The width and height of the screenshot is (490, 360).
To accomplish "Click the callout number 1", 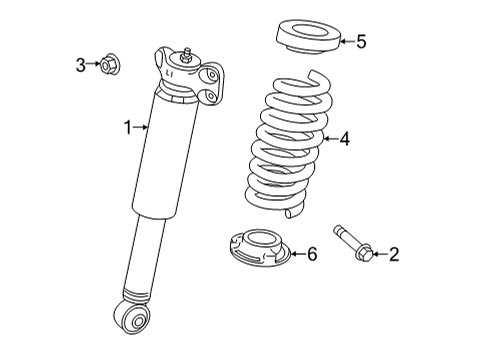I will coord(128,126).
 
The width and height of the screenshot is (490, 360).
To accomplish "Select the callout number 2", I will coord(393,255).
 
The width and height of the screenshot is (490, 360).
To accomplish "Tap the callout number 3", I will coord(81,66).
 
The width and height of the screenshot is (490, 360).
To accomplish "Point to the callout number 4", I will coord(344,140).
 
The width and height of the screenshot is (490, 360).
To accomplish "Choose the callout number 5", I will coord(361,41).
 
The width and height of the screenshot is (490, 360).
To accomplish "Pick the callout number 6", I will coord(311,255).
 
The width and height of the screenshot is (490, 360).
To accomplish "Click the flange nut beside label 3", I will coord(108,66).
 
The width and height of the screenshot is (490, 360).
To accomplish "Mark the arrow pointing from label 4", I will coord(326,140).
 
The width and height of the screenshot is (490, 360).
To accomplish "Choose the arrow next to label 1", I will coord(143,126).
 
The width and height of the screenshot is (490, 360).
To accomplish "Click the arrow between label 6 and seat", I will coord(293,255).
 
